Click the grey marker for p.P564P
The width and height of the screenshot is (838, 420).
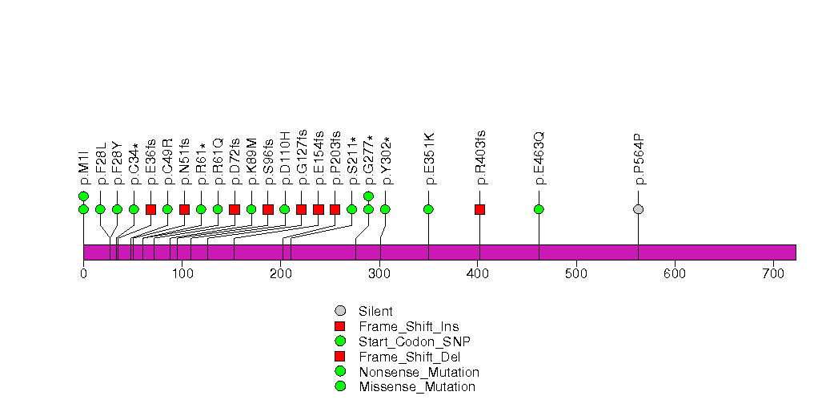tap(638, 209)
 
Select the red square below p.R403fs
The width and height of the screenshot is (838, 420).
tap(480, 209)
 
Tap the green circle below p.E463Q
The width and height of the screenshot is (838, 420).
tap(539, 209)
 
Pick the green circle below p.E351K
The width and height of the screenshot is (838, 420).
tap(429, 209)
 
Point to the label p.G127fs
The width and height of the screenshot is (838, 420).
tap(302, 157)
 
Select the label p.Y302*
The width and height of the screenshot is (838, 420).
tap(385, 161)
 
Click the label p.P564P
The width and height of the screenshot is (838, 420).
tap(639, 160)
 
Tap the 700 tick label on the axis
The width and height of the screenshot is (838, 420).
tap(773, 274)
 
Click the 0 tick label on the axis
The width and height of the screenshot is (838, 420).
tap(83, 274)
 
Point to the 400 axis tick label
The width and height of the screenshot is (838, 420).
tap(478, 274)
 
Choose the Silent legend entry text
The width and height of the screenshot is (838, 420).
tap(375, 311)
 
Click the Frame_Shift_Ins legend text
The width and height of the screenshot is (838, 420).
tap(409, 326)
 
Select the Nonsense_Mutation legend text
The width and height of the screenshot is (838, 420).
tap(419, 372)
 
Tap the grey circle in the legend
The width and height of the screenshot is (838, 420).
tap(340, 311)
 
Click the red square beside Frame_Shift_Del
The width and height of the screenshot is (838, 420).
tap(340, 357)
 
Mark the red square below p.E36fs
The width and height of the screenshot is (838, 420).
tap(150, 209)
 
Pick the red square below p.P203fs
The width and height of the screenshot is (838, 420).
tap(335, 209)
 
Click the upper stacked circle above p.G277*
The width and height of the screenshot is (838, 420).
tap(369, 196)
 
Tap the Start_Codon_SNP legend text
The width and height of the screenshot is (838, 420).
tap(415, 341)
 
